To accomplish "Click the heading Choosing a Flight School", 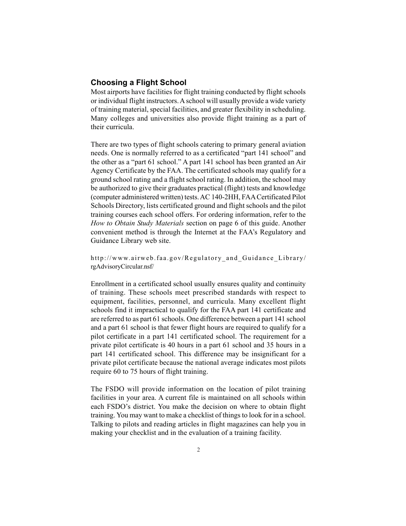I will coord(138,83).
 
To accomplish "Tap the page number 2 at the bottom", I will coord(198,449).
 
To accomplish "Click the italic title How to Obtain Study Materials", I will coord(137,223).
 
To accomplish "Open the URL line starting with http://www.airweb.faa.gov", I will coord(198,258).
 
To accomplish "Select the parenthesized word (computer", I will coord(107,197).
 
